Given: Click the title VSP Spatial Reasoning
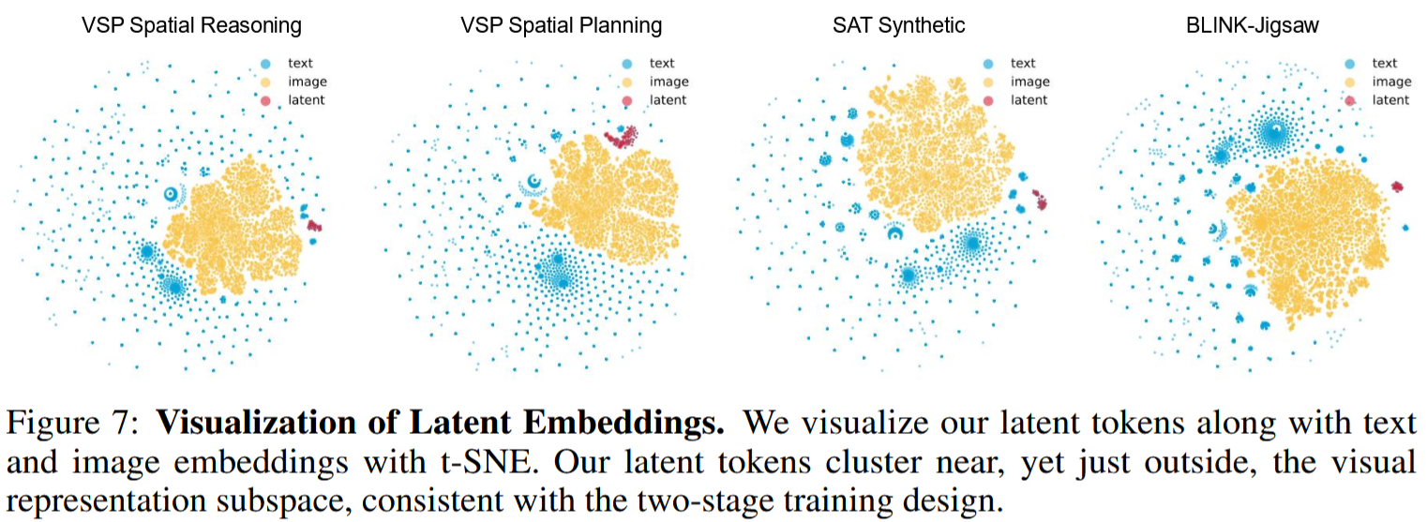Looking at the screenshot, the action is coord(191,25).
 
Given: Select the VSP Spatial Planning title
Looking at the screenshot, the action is coord(562,25).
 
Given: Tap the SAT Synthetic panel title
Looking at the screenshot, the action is coord(898,25).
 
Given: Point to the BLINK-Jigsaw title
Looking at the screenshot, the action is coord(1252,25).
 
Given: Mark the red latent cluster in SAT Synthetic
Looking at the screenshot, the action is coord(1040,200).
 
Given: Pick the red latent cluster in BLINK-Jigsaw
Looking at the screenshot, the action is coord(1397,186).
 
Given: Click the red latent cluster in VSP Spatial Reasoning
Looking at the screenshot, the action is coord(314,225).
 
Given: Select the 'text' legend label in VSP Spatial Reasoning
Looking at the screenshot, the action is coord(300,63).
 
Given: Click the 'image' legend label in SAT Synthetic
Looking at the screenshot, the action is coord(1030,82).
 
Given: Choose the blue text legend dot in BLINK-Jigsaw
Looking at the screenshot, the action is coord(1349,64).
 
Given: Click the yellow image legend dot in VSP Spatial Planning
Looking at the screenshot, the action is coord(627,82).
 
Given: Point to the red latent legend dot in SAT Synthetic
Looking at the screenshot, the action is coord(988,100).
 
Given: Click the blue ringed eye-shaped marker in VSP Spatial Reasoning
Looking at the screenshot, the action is coord(170,194).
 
